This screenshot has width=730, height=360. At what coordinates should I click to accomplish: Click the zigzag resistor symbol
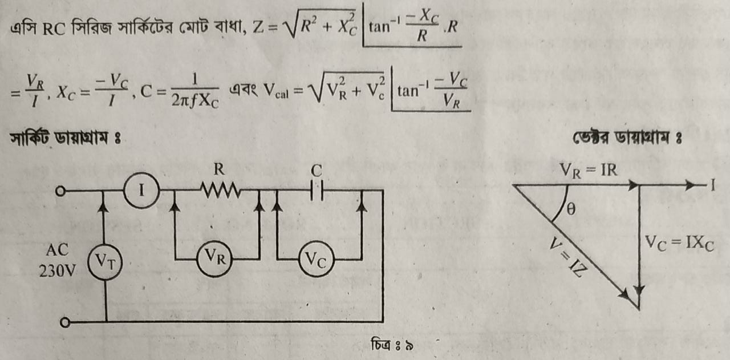coord(221,190)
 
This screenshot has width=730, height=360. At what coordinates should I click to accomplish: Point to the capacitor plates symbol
coord(317,190)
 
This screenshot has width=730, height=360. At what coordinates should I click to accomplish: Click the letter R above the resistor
coord(219,169)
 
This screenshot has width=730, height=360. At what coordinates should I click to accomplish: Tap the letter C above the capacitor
coord(317,170)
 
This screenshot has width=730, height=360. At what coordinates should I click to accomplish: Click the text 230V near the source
coord(58,270)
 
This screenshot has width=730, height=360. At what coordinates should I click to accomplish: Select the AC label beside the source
coord(58,250)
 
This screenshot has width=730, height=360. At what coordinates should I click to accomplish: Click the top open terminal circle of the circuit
coord(60,191)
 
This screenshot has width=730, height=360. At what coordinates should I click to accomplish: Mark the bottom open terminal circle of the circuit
coord(65,322)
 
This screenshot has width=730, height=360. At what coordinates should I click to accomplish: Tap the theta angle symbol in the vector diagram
coord(571,209)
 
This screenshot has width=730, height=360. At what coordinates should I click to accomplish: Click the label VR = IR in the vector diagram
coord(588,170)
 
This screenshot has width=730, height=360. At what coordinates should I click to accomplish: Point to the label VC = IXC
coord(679,244)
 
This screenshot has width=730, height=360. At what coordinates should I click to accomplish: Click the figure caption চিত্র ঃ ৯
coord(392,345)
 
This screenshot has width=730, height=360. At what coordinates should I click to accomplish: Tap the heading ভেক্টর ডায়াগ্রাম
coord(627,137)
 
